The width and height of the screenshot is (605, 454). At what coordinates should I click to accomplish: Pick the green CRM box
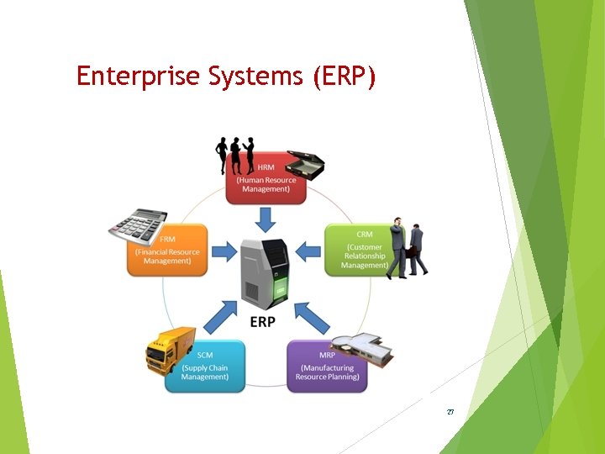tap(357, 251)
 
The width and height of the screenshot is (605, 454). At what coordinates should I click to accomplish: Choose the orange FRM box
tap(167, 251)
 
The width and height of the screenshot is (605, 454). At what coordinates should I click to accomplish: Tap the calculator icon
tap(136, 223)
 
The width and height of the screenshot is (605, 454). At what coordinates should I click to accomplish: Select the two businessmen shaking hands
tap(408, 249)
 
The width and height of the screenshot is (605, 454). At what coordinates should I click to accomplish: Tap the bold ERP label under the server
tap(262, 323)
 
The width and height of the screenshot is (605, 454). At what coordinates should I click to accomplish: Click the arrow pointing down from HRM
tap(266, 219)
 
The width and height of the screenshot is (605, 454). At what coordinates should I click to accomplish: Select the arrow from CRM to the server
tap(308, 250)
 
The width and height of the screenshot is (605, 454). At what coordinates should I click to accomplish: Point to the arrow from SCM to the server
tap(218, 319)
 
